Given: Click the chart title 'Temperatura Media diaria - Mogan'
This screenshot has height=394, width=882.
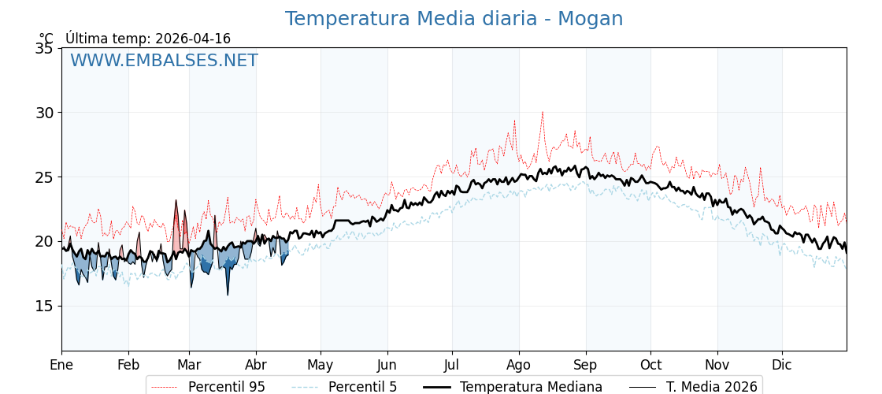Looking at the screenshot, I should pyautogui.click(x=454, y=19).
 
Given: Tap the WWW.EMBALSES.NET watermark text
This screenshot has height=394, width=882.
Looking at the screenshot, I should pyautogui.click(x=164, y=61).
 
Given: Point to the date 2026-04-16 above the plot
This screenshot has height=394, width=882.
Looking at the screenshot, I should pyautogui.click(x=193, y=39).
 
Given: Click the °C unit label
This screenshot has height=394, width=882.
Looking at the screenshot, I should pyautogui.click(x=46, y=39).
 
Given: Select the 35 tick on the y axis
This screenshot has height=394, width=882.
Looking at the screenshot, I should pyautogui.click(x=45, y=48).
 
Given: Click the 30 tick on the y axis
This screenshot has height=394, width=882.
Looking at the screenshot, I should pyautogui.click(x=45, y=113).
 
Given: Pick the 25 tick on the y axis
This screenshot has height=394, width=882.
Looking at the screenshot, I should pyautogui.click(x=45, y=177).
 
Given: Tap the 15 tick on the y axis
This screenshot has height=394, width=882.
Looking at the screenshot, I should pyautogui.click(x=45, y=306).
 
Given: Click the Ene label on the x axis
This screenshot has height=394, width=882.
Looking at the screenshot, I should pyautogui.click(x=61, y=365).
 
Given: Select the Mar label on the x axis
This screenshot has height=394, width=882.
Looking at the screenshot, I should pyautogui.click(x=189, y=365).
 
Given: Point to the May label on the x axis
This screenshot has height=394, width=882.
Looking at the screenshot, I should pyautogui.click(x=321, y=365).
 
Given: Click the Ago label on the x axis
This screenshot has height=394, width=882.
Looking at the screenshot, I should pyautogui.click(x=519, y=365).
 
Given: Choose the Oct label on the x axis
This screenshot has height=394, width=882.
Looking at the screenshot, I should pyautogui.click(x=650, y=365).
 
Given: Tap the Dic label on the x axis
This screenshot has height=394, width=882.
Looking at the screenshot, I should pyautogui.click(x=782, y=365).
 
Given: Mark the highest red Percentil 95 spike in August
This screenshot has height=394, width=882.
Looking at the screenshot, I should pyautogui.click(x=542, y=112).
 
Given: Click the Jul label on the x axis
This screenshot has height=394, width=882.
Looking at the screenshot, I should pyautogui.click(x=452, y=365).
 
